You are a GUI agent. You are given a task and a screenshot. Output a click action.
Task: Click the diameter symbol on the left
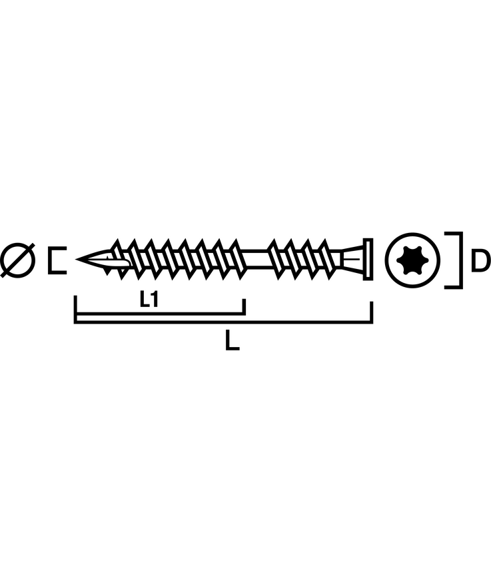(x=17, y=260)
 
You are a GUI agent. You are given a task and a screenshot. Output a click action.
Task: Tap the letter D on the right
(x=481, y=260)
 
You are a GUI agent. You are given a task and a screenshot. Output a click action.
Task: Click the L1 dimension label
(x=149, y=299)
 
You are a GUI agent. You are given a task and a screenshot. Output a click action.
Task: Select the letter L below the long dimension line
(x=232, y=341)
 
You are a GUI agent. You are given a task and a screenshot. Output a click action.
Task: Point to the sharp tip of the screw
(x=77, y=259)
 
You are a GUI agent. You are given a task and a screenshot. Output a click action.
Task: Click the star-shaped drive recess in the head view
(x=412, y=260)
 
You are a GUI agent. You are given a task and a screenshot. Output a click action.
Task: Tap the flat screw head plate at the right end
(x=368, y=259)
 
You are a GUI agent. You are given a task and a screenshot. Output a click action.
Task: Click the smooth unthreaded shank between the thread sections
(x=256, y=259)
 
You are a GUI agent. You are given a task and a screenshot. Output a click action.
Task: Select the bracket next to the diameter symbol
(x=57, y=260)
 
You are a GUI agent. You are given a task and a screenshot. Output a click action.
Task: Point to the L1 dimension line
(x=160, y=314)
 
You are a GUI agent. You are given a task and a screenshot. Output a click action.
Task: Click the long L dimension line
(x=223, y=322)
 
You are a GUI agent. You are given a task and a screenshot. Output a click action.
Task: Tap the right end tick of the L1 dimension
(x=244, y=306)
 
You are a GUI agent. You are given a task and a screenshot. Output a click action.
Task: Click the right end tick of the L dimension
(x=371, y=312)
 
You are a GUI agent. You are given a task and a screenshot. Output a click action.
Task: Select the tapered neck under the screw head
(x=351, y=259)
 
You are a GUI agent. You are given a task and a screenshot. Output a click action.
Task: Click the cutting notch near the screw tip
(x=118, y=262)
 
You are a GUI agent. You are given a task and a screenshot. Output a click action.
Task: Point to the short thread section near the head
(x=304, y=259)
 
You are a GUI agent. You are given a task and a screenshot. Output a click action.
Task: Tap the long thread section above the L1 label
(x=178, y=259)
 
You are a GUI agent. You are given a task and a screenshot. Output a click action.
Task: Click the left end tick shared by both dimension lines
(x=75, y=309)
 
